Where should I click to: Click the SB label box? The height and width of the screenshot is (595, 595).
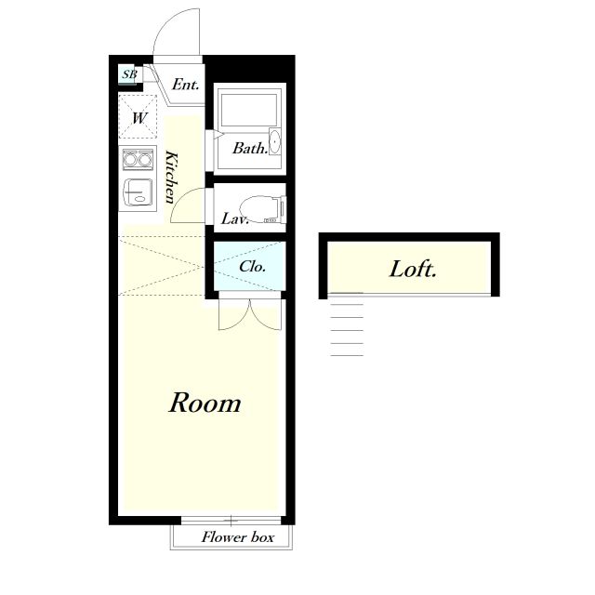pyautogui.click(x=128, y=74)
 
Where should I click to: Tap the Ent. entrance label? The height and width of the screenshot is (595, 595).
pyautogui.click(x=186, y=85)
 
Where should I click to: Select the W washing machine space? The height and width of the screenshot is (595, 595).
pyautogui.click(x=138, y=117)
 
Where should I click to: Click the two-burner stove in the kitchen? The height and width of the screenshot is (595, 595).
pyautogui.click(x=138, y=159)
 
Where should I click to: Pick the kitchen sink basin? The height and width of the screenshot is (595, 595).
pyautogui.click(x=138, y=192)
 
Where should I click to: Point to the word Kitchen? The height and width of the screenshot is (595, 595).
pyautogui.click(x=171, y=178)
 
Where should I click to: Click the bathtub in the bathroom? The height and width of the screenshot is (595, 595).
pyautogui.click(x=249, y=110)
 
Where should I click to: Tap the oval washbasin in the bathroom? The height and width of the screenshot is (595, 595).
pyautogui.click(x=274, y=141)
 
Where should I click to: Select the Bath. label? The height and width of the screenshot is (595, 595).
pyautogui.click(x=250, y=148)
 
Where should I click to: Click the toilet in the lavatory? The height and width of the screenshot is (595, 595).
pyautogui.click(x=262, y=209)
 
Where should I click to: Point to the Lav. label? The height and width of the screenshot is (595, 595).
pyautogui.click(x=234, y=218)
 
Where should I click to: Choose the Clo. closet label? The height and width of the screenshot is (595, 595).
pyautogui.click(x=252, y=267)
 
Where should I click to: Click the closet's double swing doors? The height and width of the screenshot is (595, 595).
pyautogui.click(x=250, y=314)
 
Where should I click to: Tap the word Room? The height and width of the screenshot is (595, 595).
pyautogui.click(x=205, y=403)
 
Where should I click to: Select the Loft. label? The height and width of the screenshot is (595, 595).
pyautogui.click(x=413, y=269)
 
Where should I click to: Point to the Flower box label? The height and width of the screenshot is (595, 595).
pyautogui.click(x=238, y=537)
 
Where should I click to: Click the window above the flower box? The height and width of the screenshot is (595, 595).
pyautogui.click(x=231, y=520)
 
